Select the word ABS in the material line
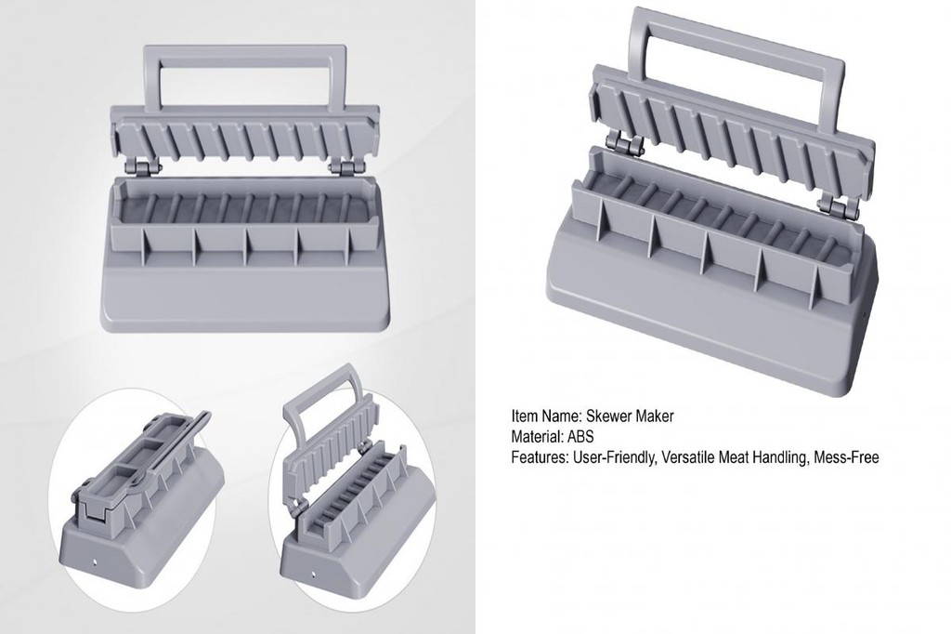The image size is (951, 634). click(581, 437)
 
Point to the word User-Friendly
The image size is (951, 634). click(613, 458)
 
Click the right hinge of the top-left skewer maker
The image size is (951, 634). click(342, 168)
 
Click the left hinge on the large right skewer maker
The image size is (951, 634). click(627, 144)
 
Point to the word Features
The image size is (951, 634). click(540, 457)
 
